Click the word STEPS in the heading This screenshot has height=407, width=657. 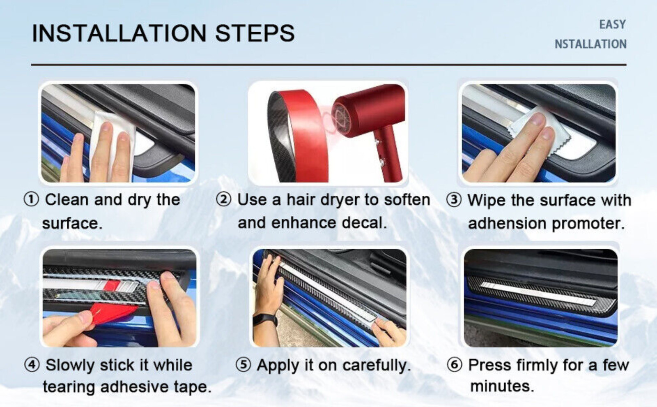tap(255, 33)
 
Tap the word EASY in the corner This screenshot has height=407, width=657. tap(612, 24)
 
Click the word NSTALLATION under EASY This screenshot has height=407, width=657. tap(590, 44)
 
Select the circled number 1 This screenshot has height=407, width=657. tap(31, 200)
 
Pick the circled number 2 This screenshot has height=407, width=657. tap(223, 200)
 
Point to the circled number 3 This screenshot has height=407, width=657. tap(454, 200)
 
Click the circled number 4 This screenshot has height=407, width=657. tap(32, 365)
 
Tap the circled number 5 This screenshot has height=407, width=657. tap(244, 365)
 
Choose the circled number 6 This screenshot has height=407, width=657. tap(454, 365)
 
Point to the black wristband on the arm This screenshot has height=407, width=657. tap(265, 320)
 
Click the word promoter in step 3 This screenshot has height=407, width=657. tap(588, 224)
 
